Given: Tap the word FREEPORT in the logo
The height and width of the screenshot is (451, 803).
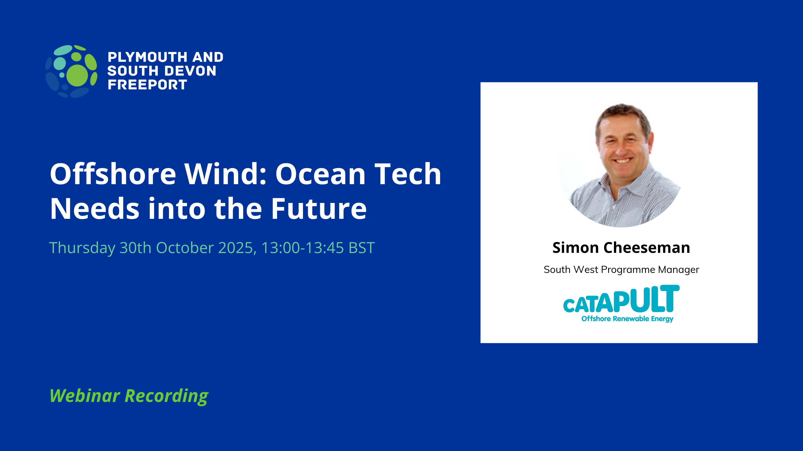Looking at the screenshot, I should point(147,85).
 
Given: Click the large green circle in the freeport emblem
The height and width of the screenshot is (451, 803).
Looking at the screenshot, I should point(77,75).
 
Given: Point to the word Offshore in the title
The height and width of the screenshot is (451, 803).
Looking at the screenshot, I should point(113,174).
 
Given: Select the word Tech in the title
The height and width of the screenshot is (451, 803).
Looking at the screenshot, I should point(408,174).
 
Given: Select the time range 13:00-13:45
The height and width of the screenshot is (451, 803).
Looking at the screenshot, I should point(302,248).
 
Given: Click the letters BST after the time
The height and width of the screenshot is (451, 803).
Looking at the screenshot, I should point(362,248).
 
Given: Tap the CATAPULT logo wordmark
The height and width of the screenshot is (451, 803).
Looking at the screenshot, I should point(621,299).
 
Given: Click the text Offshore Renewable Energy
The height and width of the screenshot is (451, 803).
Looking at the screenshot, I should point(627,319).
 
